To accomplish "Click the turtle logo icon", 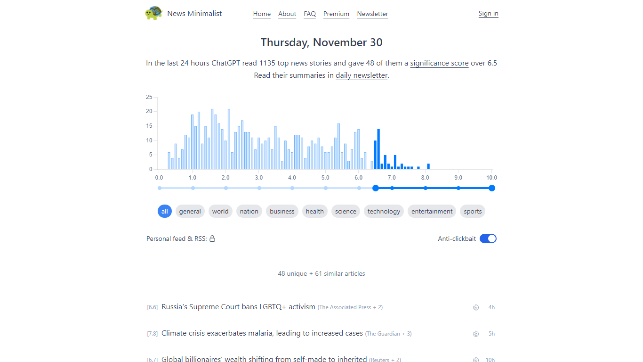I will tap(153, 13).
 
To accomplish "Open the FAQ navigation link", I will tap(310, 14).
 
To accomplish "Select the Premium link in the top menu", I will tap(336, 14).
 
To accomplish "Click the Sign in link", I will tap(488, 13).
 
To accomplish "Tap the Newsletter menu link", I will tap(372, 14).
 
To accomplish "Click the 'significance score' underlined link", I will tap(439, 63).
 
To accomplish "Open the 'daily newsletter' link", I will tap(362, 75).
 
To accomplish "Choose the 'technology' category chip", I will tap(384, 211).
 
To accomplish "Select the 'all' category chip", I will tap(165, 211).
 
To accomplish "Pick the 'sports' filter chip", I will tap(473, 211).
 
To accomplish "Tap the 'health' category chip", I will tap(314, 211).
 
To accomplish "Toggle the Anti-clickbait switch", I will tap(488, 239).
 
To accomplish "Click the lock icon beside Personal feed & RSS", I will tap(212, 239).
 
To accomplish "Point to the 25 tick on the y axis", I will tap(149, 97).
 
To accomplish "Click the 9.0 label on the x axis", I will tap(458, 178).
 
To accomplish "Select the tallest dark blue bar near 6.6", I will tap(378, 149).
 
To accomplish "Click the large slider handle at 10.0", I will tap(492, 188).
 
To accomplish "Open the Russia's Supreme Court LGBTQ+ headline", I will tap(238, 307).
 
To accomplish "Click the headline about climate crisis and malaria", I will tap(262, 333).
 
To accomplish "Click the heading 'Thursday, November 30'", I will tap(321, 42).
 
